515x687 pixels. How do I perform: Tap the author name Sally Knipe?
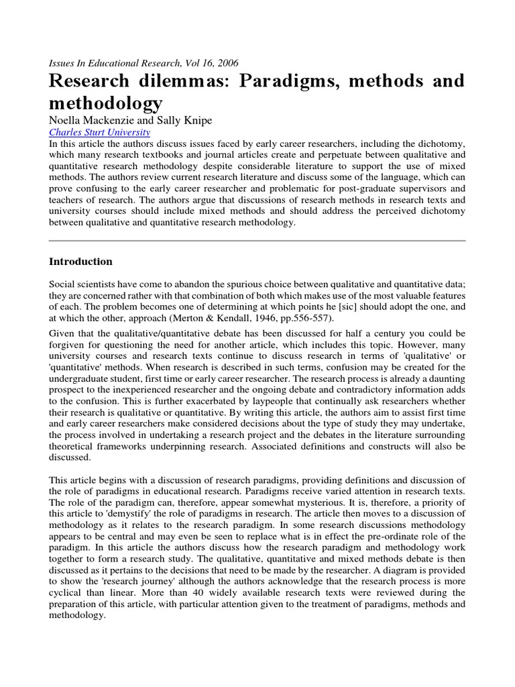point(188,121)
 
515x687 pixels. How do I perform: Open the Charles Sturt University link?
point(100,133)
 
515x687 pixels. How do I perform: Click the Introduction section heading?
point(81,262)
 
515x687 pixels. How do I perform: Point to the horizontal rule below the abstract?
point(257,240)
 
